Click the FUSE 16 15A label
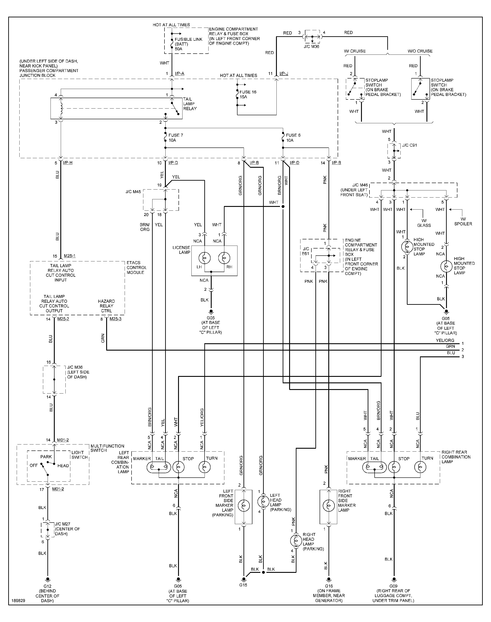(248, 94)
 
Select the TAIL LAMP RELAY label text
(190, 104)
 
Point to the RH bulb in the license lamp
(224, 258)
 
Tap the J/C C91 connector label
(409, 145)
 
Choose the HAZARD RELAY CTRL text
(106, 306)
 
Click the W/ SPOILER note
(463, 221)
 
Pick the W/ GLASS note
(424, 223)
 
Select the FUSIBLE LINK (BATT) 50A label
(188, 44)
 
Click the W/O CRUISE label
(420, 51)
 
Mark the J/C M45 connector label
(133, 192)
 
